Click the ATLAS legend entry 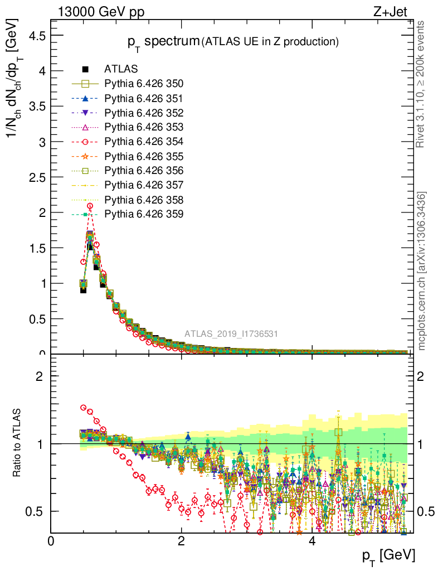(120, 69)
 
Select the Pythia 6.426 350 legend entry (144, 84)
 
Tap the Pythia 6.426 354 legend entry (144, 142)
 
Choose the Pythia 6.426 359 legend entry (144, 214)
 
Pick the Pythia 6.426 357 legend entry (144, 185)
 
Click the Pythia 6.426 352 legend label (144, 113)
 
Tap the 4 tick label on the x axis (312, 541)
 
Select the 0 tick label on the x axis (51, 541)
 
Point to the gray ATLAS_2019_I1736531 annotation (231, 334)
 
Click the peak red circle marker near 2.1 (90, 206)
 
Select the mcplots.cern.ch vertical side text (422, 270)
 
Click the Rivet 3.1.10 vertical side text (421, 84)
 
